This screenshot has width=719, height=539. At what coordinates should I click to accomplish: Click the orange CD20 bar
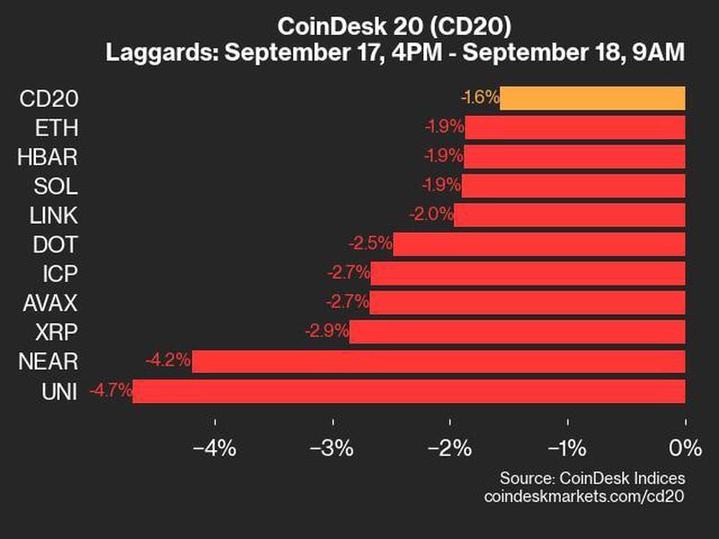[x=592, y=98]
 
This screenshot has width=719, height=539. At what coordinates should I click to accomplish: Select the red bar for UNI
[x=409, y=391]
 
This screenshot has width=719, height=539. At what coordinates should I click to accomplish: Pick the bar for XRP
[x=517, y=331]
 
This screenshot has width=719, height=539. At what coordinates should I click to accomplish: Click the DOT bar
[x=539, y=244]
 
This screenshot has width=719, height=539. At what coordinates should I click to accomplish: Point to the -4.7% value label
[x=110, y=391]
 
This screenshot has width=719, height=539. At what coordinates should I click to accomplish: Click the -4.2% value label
[x=168, y=361]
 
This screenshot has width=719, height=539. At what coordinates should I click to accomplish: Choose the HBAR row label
[x=47, y=157]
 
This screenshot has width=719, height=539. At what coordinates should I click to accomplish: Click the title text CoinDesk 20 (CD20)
[x=395, y=24]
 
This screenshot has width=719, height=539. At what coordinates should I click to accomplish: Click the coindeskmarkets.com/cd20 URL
[x=584, y=496]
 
